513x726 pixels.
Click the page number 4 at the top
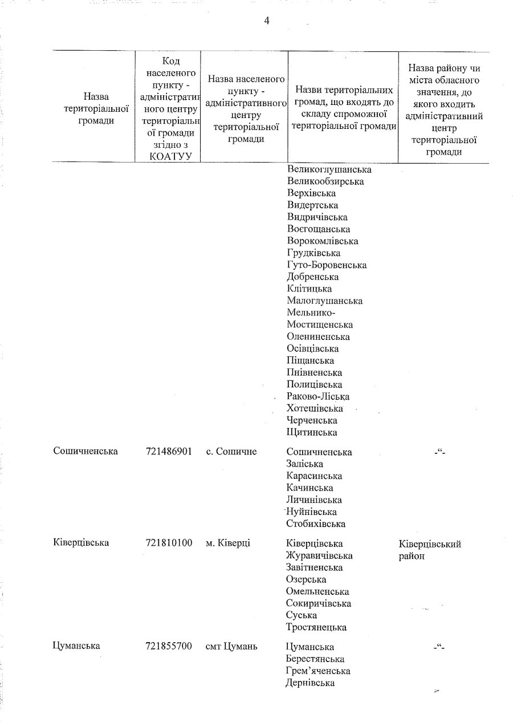pyautogui.click(x=266, y=21)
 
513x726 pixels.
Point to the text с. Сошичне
pyautogui.click(x=231, y=452)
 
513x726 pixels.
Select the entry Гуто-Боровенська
pyautogui.click(x=327, y=265)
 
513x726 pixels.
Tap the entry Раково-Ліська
pyautogui.click(x=319, y=396)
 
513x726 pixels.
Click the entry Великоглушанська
pyautogui.click(x=329, y=170)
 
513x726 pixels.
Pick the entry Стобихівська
pyautogui.click(x=317, y=524)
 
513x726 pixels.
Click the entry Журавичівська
pyautogui.click(x=320, y=555)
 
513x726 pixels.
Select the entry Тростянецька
pyautogui.click(x=317, y=627)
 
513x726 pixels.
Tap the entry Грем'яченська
pyautogui.click(x=318, y=671)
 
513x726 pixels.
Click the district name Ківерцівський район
pyautogui.click(x=430, y=550)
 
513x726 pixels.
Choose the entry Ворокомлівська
pyautogui.click(x=323, y=241)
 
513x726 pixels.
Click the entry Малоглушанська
pyautogui.click(x=325, y=301)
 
